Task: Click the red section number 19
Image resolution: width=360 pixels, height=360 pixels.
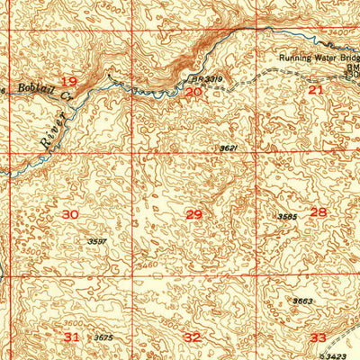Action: pyautogui.click(x=69, y=83)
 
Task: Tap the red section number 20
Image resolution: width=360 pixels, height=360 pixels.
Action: pyautogui.click(x=193, y=92)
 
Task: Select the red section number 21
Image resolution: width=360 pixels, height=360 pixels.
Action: pyautogui.click(x=315, y=90)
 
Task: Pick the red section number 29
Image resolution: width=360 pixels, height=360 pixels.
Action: pyautogui.click(x=193, y=213)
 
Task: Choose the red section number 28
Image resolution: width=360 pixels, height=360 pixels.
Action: pyautogui.click(x=319, y=212)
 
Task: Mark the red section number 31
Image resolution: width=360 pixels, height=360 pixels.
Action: pyautogui.click(x=72, y=336)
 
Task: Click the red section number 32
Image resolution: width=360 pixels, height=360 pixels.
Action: pyautogui.click(x=193, y=337)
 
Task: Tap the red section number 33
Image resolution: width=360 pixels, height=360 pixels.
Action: pyautogui.click(x=318, y=337)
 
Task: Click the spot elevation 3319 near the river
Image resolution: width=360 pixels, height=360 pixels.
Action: pyautogui.click(x=212, y=80)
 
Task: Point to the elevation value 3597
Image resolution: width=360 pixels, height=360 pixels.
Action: pyautogui.click(x=98, y=241)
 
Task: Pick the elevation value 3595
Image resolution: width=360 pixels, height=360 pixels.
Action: pyautogui.click(x=287, y=217)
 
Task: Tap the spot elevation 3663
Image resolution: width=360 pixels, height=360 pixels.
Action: pyautogui.click(x=302, y=301)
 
